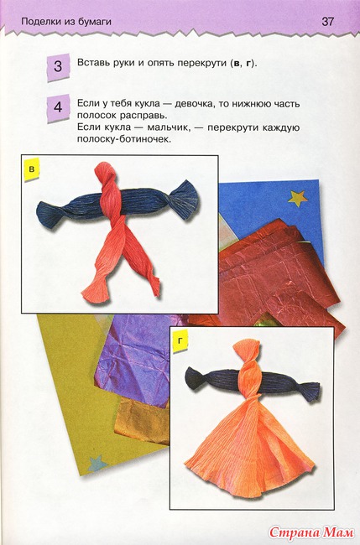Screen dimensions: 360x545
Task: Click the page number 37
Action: click(327, 22)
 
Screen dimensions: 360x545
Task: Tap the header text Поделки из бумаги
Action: click(66, 22)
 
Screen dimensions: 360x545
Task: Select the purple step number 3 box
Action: click(58, 66)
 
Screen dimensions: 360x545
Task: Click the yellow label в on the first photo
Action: click(32, 169)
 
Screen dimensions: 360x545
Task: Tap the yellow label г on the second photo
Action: click(180, 340)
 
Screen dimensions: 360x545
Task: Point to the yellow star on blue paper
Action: click(298, 198)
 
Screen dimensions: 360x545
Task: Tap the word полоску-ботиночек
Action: click(124, 139)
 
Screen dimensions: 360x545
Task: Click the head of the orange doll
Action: click(247, 350)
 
